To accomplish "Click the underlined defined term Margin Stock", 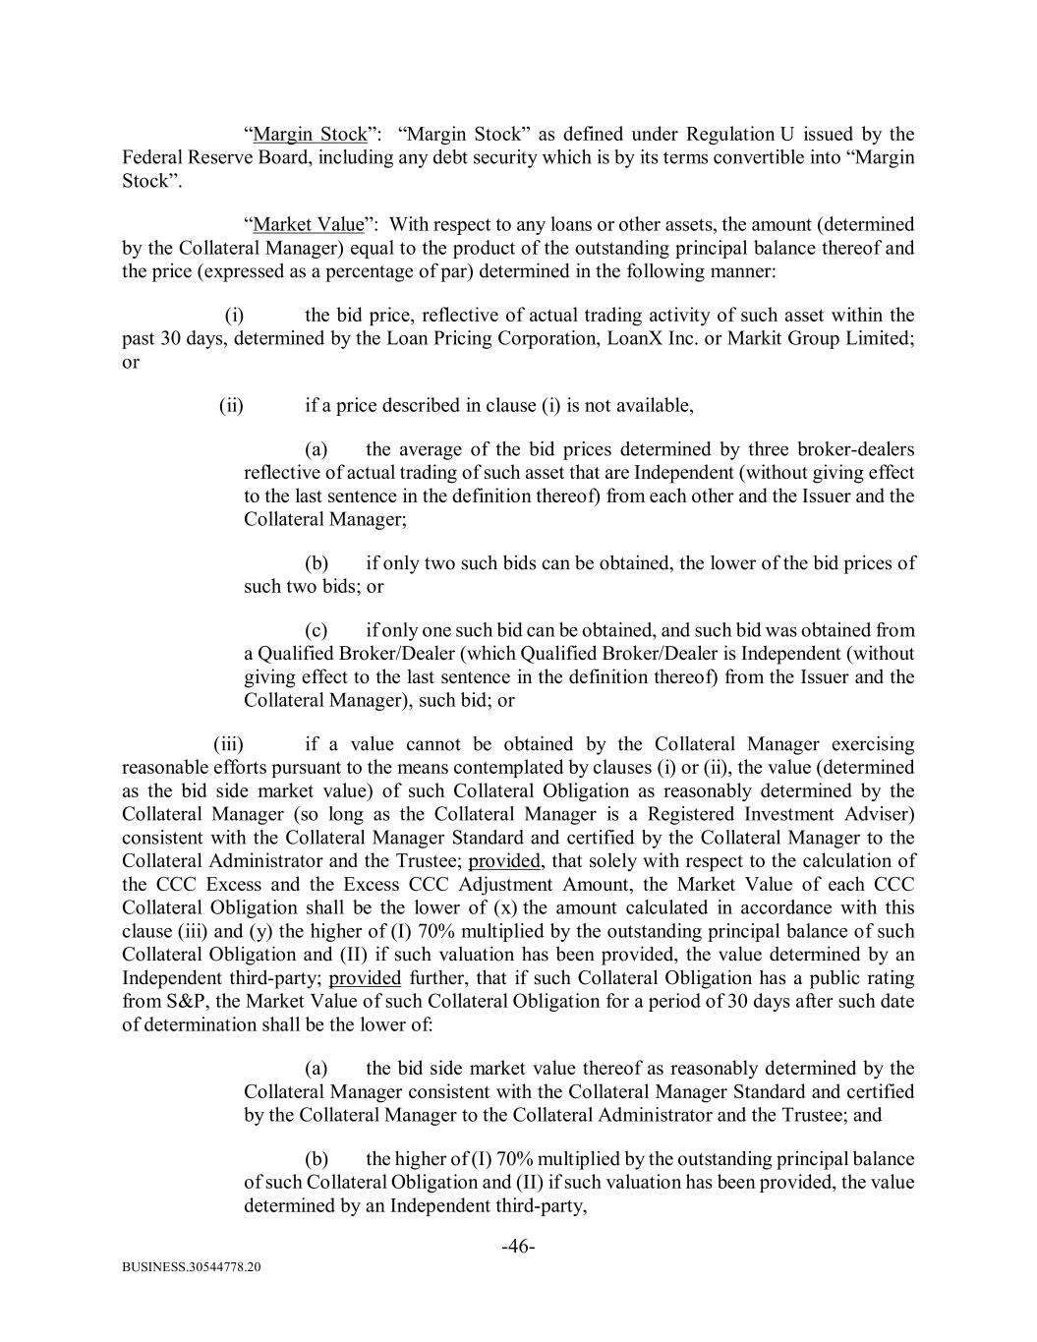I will (310, 135).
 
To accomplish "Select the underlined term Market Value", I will (308, 224).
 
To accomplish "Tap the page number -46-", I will (518, 1247).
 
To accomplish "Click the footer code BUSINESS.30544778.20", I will (192, 1268).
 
